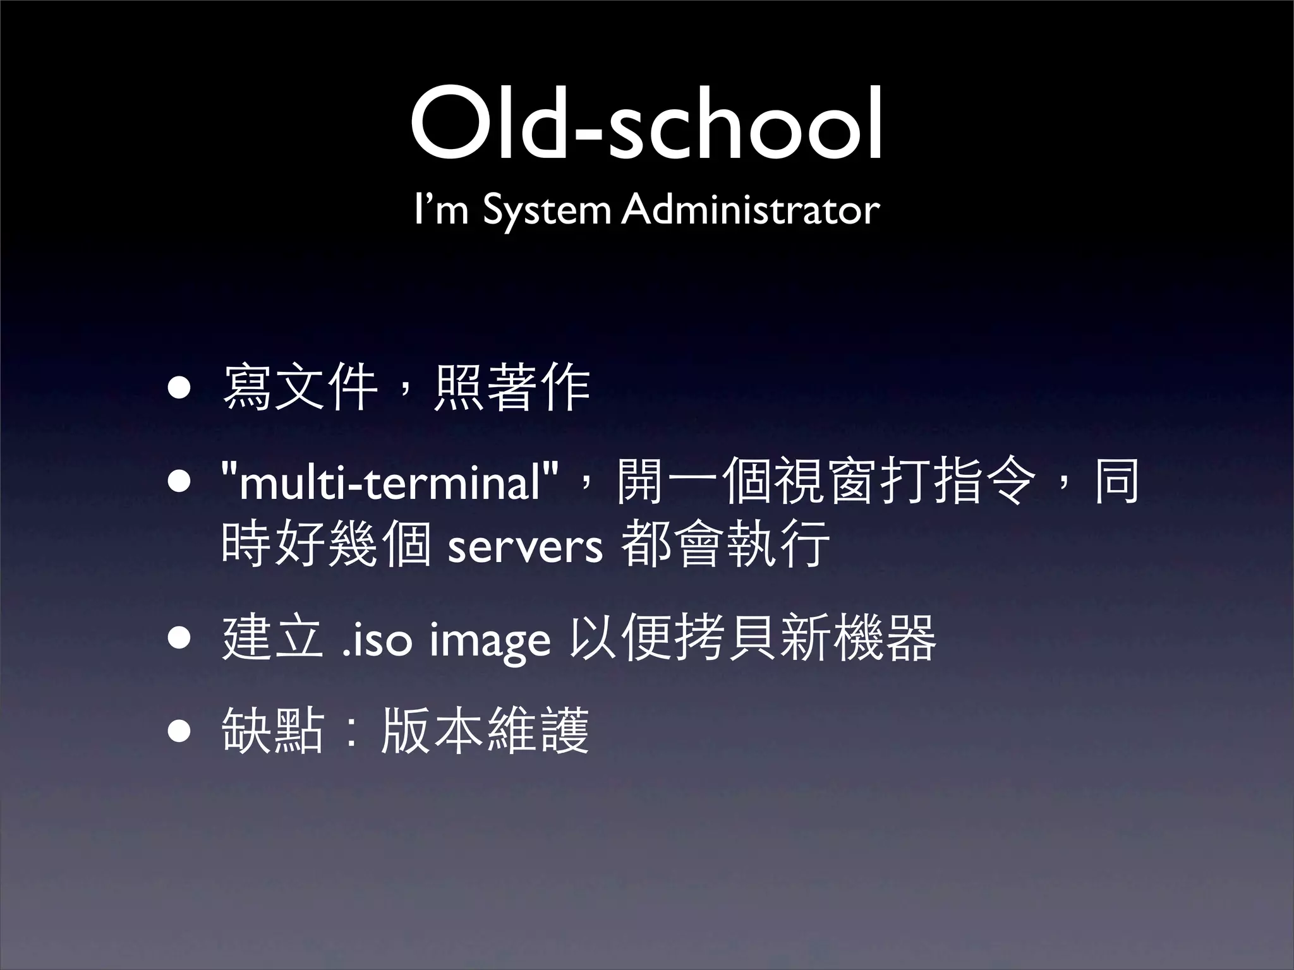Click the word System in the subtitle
coord(547,210)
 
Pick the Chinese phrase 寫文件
coord(300,388)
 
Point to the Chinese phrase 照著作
coord(512,388)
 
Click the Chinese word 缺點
coord(274,731)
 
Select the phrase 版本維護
coord(485,731)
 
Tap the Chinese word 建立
coord(274,639)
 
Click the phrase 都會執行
coord(725,544)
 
